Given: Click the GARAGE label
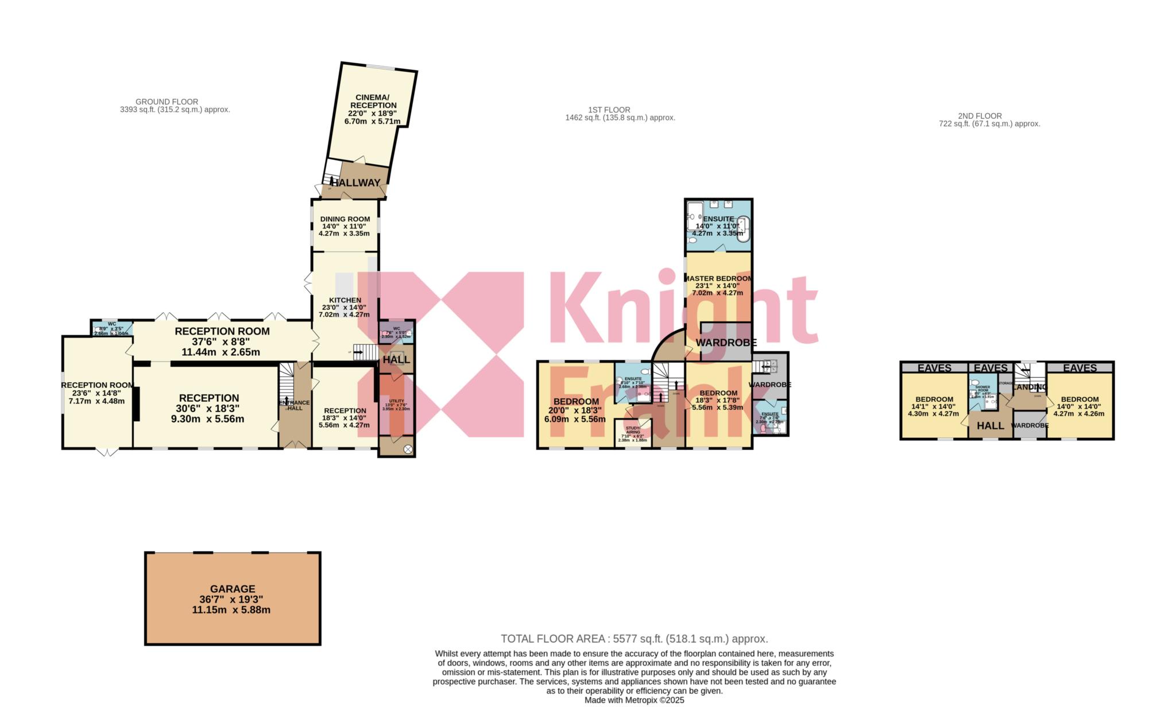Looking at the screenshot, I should click(x=233, y=589).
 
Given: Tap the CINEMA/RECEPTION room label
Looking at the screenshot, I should click(x=376, y=102).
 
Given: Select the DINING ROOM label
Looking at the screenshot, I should click(x=345, y=219).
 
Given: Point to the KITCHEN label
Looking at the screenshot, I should click(x=345, y=300).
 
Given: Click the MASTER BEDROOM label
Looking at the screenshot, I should click(x=718, y=278).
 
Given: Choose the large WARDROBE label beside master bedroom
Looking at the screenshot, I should click(x=726, y=343).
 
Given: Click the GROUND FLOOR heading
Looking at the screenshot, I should click(x=167, y=102).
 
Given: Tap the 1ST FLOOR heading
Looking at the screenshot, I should click(x=609, y=110).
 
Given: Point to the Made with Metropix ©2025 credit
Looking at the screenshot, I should click(x=634, y=700).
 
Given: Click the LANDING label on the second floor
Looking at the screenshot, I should click(x=1030, y=387).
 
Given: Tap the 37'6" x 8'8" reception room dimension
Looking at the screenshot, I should click(x=222, y=342).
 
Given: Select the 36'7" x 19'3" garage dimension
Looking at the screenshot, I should click(x=232, y=600).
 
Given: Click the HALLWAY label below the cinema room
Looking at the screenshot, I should click(x=355, y=183).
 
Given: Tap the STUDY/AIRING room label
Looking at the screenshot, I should click(x=633, y=430).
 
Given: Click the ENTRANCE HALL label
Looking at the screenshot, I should click(x=294, y=405).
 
